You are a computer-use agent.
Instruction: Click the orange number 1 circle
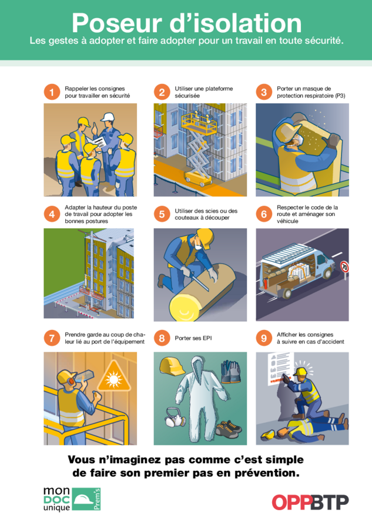(52, 92)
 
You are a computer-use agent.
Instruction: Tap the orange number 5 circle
(162, 214)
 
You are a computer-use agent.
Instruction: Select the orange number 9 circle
(264, 338)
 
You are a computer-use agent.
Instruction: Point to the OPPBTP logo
(310, 502)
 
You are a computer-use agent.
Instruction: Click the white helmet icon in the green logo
(83, 500)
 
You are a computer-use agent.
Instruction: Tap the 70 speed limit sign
(344, 267)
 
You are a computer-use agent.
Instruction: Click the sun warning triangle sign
(113, 376)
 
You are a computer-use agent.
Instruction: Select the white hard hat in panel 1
(108, 117)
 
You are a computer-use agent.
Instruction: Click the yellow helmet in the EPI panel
(172, 366)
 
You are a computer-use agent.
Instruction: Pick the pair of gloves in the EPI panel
(230, 372)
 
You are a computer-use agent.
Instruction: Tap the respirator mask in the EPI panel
(175, 417)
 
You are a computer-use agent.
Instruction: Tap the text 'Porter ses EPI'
(193, 338)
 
